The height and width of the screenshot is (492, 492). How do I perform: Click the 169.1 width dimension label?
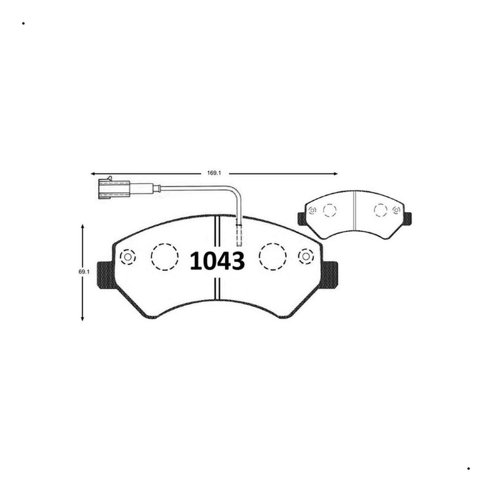(214, 173)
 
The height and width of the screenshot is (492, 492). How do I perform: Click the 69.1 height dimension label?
(84, 272)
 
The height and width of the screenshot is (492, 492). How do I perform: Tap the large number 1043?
(217, 261)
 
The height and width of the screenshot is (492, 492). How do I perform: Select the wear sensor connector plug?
(114, 189)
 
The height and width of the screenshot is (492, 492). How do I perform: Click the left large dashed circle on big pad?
(164, 257)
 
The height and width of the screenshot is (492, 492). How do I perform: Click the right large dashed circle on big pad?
(272, 257)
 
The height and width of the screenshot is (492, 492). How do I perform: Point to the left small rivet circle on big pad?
(128, 256)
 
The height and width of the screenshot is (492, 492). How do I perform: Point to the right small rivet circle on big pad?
(306, 256)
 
